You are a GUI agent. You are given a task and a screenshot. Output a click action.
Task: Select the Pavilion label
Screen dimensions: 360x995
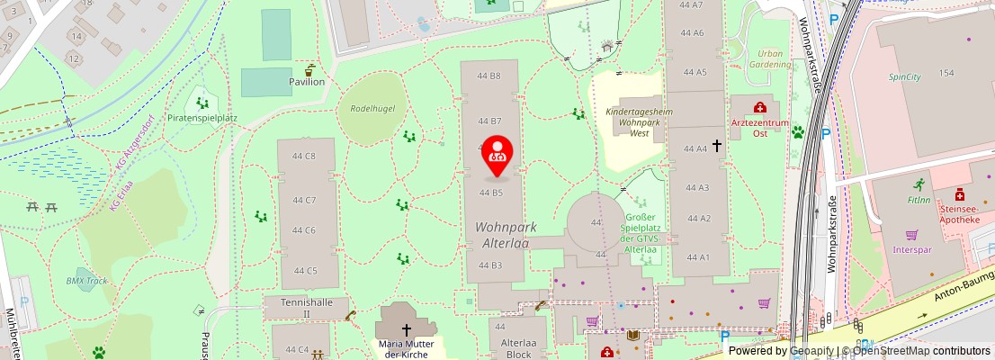click(x=306, y=82)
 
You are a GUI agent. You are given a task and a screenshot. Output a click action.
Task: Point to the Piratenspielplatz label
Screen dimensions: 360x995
click(x=202, y=118)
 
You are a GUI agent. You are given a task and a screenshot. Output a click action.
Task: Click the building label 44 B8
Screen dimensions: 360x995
click(x=489, y=76)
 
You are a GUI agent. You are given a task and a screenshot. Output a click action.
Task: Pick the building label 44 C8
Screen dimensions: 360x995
click(x=304, y=156)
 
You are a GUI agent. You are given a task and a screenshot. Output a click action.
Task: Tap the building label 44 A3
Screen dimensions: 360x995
click(x=698, y=187)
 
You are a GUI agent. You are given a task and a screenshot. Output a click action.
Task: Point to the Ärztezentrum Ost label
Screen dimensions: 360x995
click(x=760, y=127)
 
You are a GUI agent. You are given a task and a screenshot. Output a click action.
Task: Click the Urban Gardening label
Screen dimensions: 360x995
click(x=770, y=59)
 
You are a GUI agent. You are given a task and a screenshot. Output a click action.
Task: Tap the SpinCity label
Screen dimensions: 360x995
click(x=905, y=77)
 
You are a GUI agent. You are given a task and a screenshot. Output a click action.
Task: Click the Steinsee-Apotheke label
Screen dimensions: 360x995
click(x=964, y=211)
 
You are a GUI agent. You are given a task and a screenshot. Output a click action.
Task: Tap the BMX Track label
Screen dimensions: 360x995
click(x=87, y=281)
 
